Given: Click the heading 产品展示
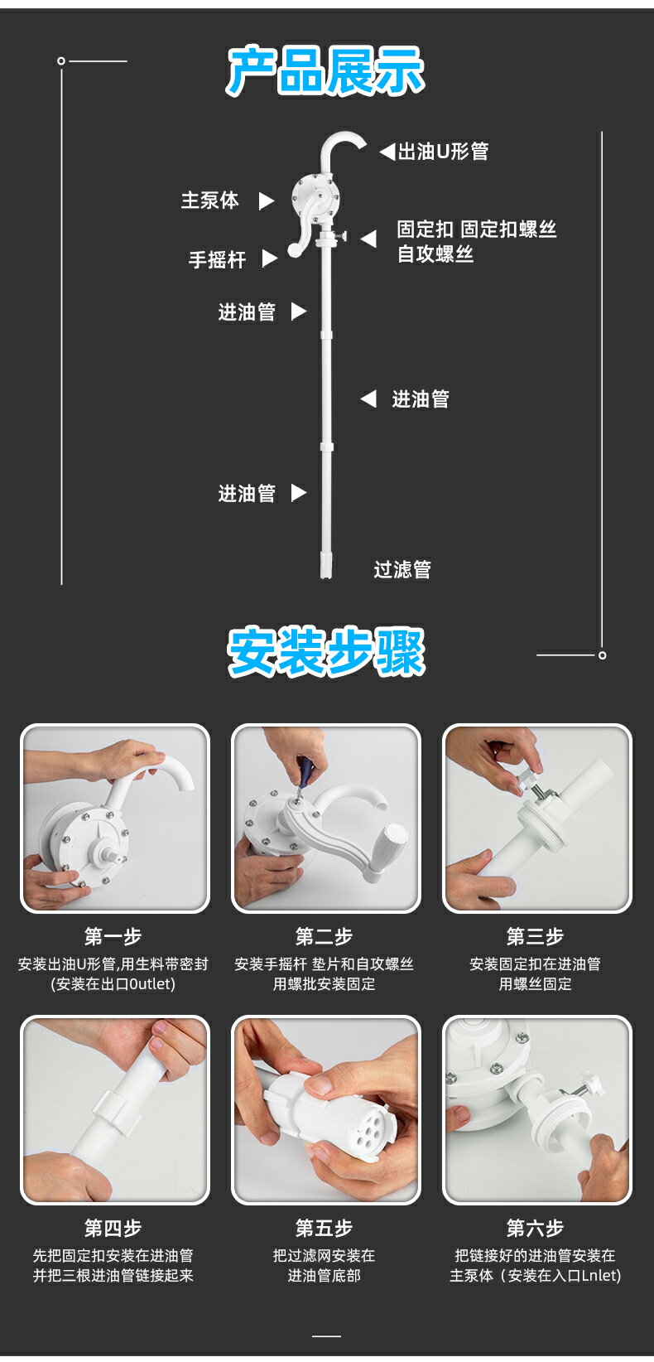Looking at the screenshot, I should (325, 71).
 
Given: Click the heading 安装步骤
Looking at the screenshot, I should (325, 652).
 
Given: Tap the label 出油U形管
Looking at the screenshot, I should (443, 152).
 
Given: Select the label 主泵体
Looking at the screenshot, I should (209, 200).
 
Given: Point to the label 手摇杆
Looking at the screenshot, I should (217, 259).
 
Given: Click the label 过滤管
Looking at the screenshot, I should (402, 570).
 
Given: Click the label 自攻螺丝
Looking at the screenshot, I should (435, 254).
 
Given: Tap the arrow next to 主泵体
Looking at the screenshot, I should (266, 201).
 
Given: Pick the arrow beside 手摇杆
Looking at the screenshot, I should (269, 258).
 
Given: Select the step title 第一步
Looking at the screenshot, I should (113, 936).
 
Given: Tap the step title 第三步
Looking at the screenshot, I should (535, 936).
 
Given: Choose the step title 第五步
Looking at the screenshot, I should (324, 1228).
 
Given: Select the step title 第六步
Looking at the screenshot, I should (535, 1228).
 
